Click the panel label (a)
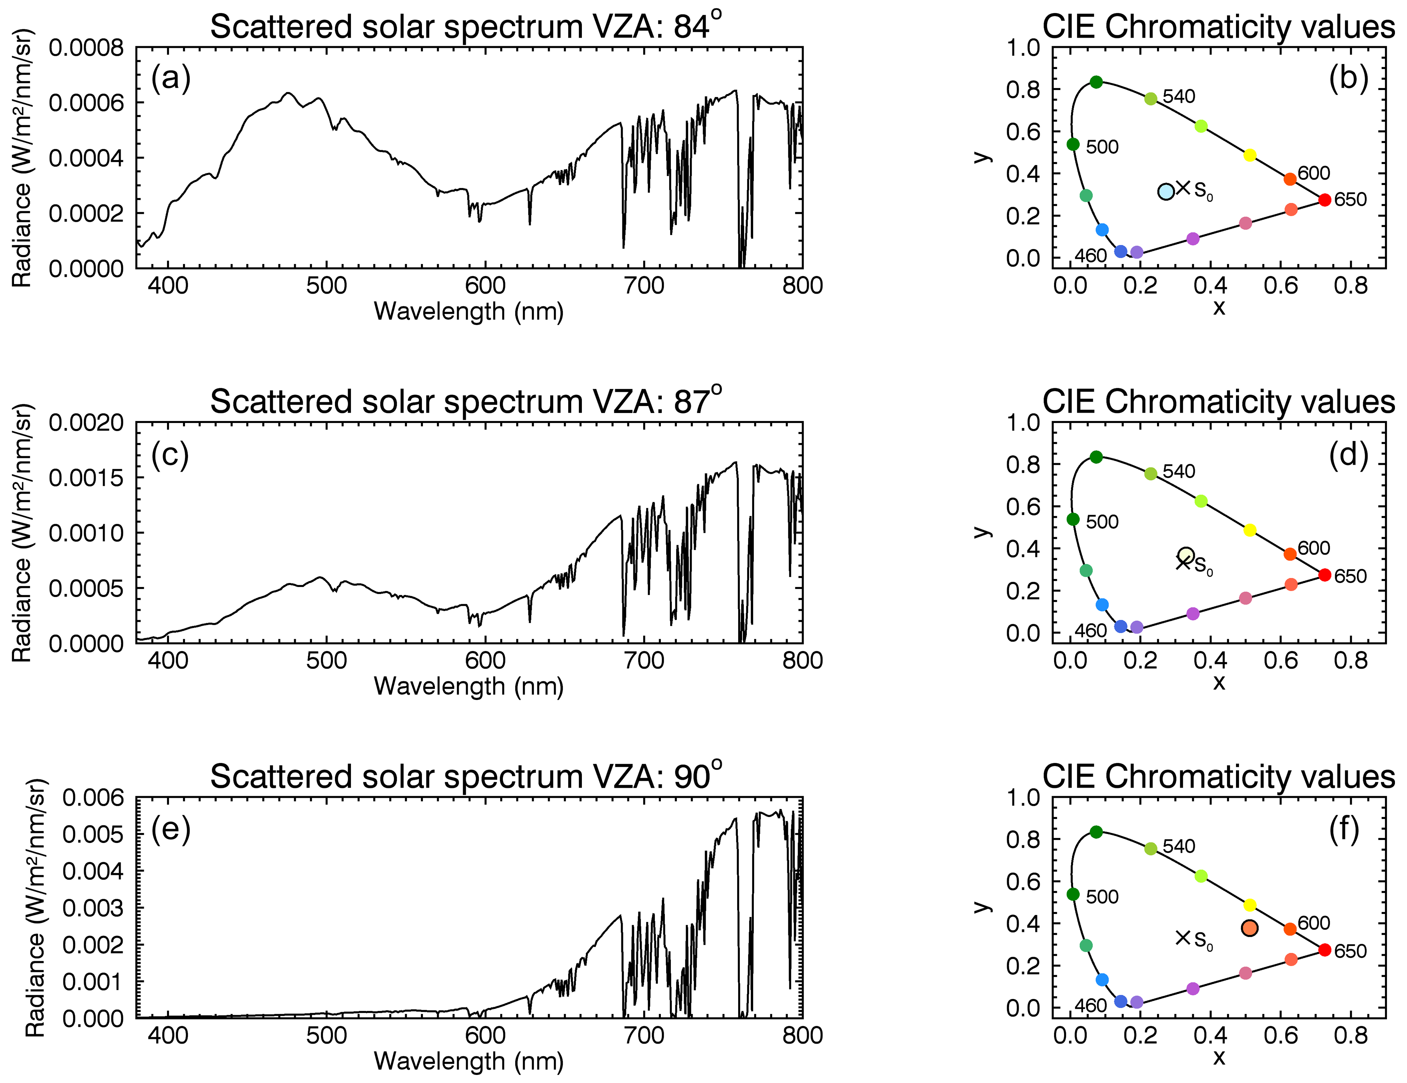[x=171, y=79]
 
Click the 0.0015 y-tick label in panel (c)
[x=86, y=478]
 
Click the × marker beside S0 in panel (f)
[x=1183, y=938]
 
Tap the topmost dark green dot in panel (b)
[x=1096, y=82]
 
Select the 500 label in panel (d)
[x=1102, y=522]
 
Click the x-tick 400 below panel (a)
[x=168, y=285]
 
